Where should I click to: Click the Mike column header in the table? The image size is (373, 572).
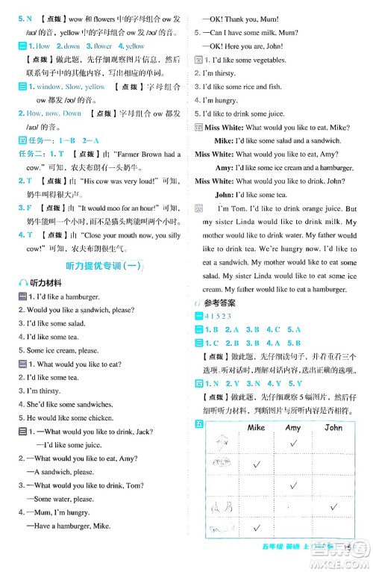(x=255, y=429)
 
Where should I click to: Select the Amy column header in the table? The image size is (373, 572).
(x=292, y=429)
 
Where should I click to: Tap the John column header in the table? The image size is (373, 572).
(x=333, y=429)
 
